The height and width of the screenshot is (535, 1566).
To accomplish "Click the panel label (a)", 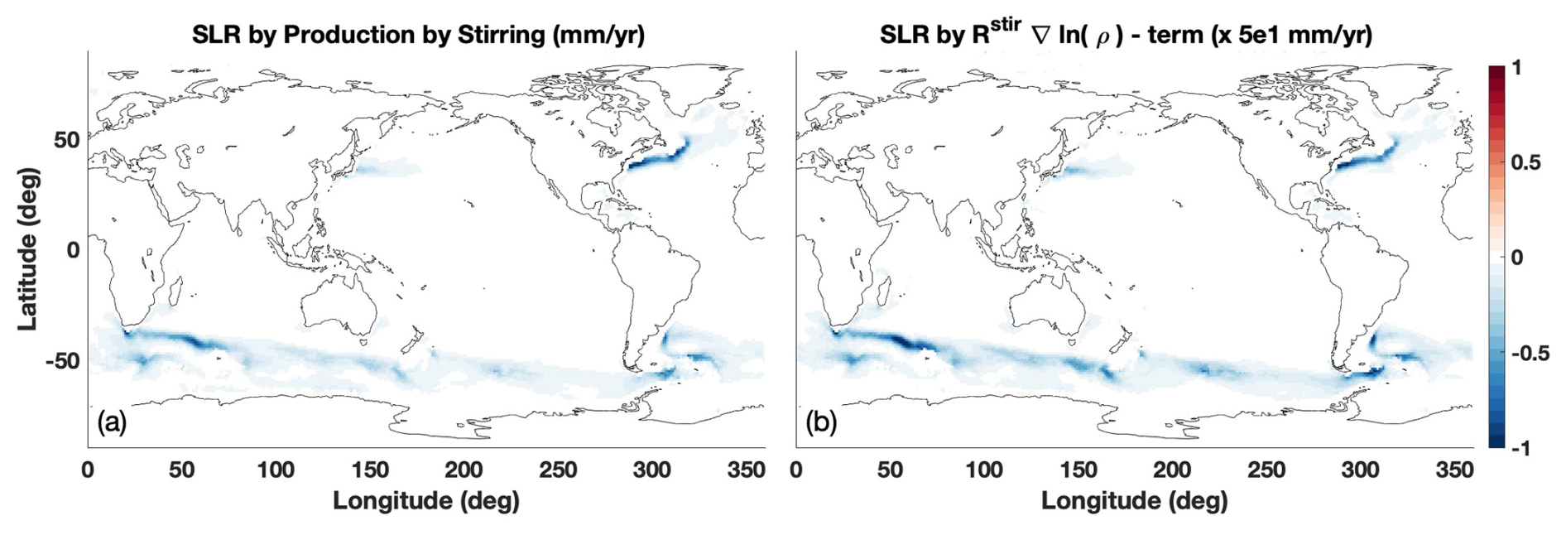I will (x=112, y=422).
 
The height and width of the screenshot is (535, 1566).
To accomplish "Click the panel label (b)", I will (x=820, y=422).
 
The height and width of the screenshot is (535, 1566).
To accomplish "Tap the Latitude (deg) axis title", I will (x=27, y=248).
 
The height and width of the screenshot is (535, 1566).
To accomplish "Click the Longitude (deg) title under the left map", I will (x=425, y=501).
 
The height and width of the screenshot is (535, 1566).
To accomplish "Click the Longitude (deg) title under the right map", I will (x=1134, y=501).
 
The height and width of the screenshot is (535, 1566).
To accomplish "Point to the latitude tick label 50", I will (x=66, y=139).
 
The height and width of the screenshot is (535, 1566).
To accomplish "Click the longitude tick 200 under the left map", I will (x=464, y=470).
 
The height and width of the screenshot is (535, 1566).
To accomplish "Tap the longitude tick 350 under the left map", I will (x=746, y=470).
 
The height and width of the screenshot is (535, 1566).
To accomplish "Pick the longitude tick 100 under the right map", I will (x=984, y=470).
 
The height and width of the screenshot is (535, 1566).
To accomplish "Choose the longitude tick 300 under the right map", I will (x=1360, y=470).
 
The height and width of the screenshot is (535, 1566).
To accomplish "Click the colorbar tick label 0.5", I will (x=1525, y=162).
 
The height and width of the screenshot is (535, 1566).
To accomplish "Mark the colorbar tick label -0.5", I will (x=1529, y=353).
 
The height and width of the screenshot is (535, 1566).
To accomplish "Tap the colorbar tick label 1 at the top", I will (x=1516, y=68).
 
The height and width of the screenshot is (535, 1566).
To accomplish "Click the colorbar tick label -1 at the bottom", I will (x=1520, y=448).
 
